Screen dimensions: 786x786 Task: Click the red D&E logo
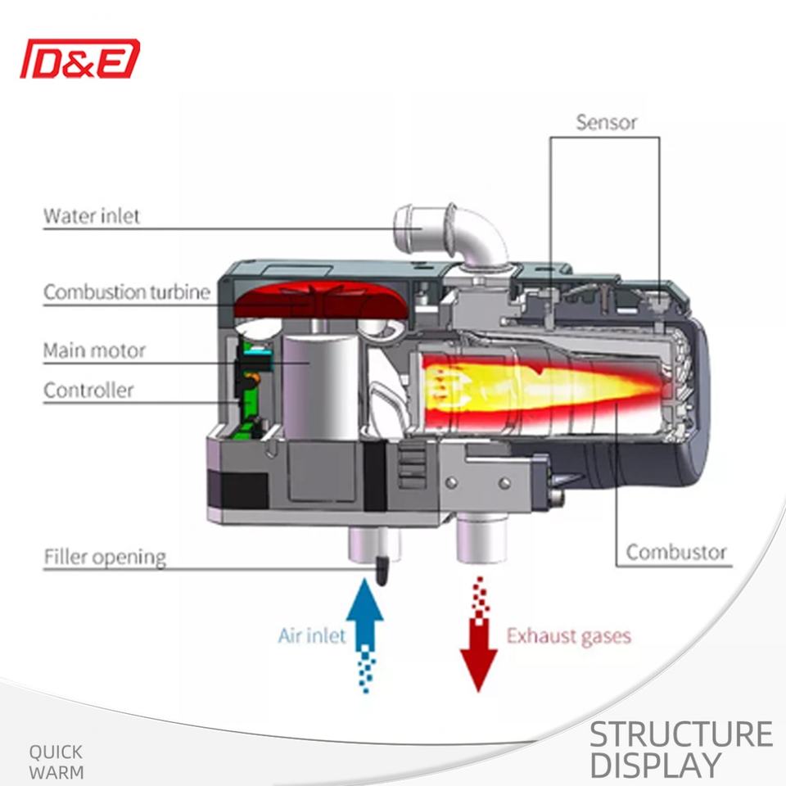click(x=79, y=60)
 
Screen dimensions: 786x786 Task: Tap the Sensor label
click(x=606, y=123)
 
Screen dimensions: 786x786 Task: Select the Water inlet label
click(x=92, y=216)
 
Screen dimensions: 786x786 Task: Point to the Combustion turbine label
click(x=127, y=291)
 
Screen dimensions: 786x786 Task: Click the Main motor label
click(x=94, y=350)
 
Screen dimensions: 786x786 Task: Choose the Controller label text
click(x=88, y=390)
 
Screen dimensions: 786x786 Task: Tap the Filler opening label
click(x=104, y=558)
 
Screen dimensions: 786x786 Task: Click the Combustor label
click(x=676, y=552)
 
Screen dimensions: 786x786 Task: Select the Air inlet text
click(x=311, y=635)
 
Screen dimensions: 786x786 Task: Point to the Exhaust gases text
click(x=569, y=635)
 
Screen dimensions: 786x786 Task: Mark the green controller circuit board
click(x=246, y=385)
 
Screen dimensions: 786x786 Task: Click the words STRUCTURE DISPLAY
click(x=680, y=749)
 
